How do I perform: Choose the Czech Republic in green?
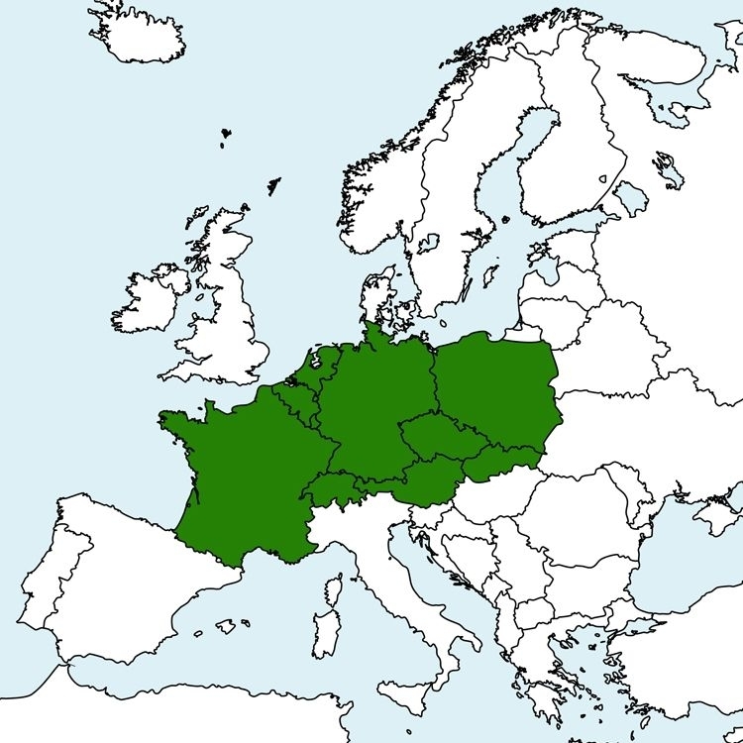pyautogui.click(x=436, y=436)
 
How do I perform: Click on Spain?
pyautogui.click(x=119, y=594)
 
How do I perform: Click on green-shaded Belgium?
pyautogui.click(x=292, y=396)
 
